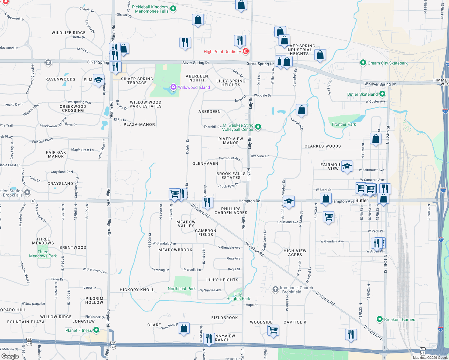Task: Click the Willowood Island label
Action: [x=194, y=87]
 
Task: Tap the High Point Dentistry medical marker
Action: [x=246, y=51]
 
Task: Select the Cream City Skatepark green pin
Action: [x=363, y=63]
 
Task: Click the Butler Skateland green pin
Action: [x=382, y=94]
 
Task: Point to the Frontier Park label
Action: [x=344, y=124]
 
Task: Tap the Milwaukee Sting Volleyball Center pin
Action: [x=258, y=127]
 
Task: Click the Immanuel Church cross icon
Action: [x=275, y=289]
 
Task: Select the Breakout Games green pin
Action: [x=380, y=319]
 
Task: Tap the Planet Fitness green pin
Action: [x=96, y=330]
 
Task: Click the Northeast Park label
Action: [x=182, y=289]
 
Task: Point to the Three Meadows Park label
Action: [x=43, y=254]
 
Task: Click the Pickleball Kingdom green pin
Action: [x=173, y=9]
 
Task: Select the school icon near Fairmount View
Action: [x=347, y=166]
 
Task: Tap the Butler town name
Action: [x=362, y=200]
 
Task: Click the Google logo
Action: [x=10, y=356]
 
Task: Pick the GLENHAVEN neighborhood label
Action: [x=205, y=163]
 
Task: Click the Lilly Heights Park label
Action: [x=238, y=296]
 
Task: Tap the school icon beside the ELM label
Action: [x=98, y=80]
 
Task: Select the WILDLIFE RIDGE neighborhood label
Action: [x=69, y=33]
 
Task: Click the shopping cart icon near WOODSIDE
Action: [x=273, y=330]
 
